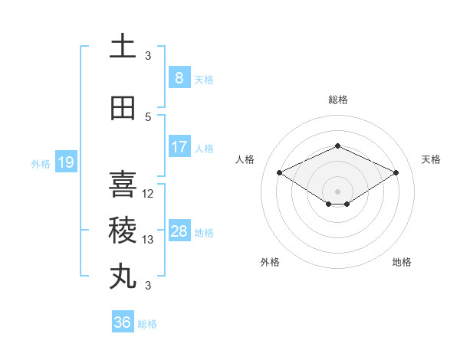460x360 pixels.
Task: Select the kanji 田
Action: pyautogui.click(x=123, y=109)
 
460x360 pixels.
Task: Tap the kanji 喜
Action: pyautogui.click(x=123, y=185)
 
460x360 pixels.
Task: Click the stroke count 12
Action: pyautogui.click(x=149, y=194)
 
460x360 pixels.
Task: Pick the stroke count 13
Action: pyautogui.click(x=149, y=240)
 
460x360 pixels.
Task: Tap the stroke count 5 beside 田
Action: pyautogui.click(x=148, y=117)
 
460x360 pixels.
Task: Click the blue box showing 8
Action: pyautogui.click(x=179, y=78)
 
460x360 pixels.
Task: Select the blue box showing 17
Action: pyautogui.click(x=179, y=147)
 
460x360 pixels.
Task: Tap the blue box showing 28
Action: pyautogui.click(x=179, y=231)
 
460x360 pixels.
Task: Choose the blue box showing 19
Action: pyautogui.click(x=65, y=162)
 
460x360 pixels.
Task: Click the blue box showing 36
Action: pyautogui.click(x=122, y=322)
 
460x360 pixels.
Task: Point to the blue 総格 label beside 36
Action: pyautogui.click(x=147, y=324)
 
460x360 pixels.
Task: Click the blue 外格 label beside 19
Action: pyautogui.click(x=41, y=163)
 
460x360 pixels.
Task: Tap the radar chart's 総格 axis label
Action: pyautogui.click(x=337, y=100)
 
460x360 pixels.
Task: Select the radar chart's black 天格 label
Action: pyautogui.click(x=431, y=159)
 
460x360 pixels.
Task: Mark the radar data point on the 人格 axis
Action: pyautogui.click(x=280, y=172)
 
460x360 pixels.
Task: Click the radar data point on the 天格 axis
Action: pyautogui.click(x=396, y=172)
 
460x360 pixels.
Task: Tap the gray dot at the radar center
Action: pyautogui.click(x=337, y=191)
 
